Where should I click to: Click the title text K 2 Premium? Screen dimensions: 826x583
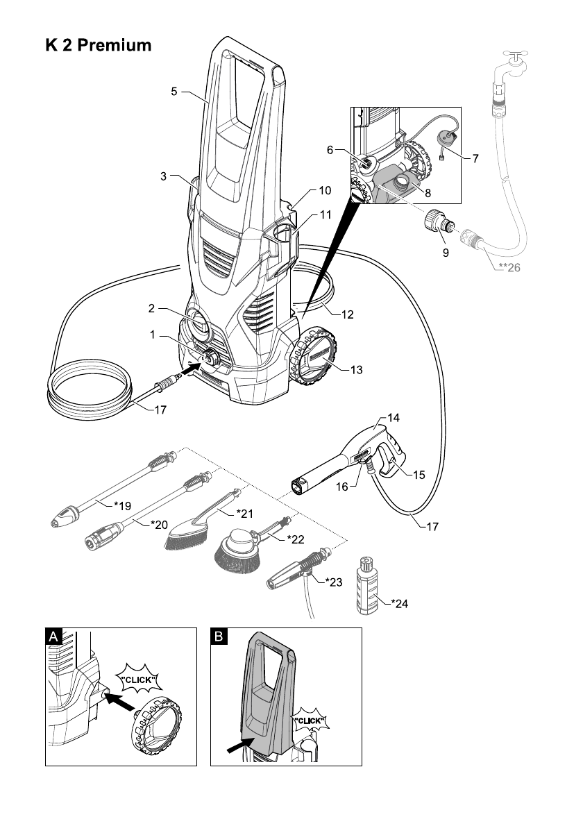pyautogui.click(x=98, y=47)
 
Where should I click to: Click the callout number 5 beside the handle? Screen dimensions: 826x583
pyautogui.click(x=175, y=91)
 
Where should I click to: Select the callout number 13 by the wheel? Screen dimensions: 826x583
pyautogui.click(x=355, y=370)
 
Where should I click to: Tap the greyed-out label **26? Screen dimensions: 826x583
pyautogui.click(x=509, y=269)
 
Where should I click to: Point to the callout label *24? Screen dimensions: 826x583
pyautogui.click(x=399, y=603)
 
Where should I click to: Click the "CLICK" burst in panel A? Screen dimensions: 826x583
pyautogui.click(x=140, y=678)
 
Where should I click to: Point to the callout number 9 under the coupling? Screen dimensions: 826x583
pyautogui.click(x=445, y=253)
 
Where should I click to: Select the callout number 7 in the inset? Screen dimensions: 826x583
pyautogui.click(x=475, y=158)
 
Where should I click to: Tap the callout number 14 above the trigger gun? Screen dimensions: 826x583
pyautogui.click(x=394, y=419)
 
